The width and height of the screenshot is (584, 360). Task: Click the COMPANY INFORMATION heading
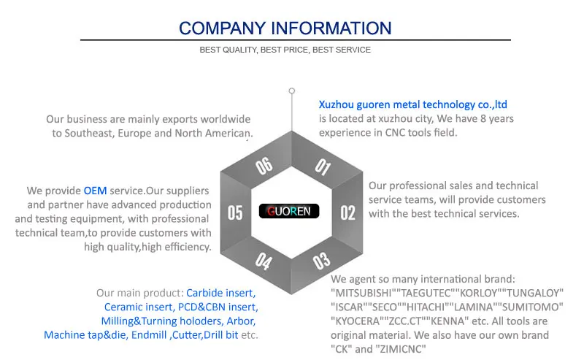tap(285, 28)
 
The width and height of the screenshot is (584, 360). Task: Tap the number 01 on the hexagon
tap(322, 167)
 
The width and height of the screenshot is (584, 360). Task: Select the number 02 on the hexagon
tap(348, 212)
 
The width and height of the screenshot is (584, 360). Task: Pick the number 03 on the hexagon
tap(321, 259)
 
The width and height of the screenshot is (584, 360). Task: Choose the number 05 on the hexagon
tap(235, 212)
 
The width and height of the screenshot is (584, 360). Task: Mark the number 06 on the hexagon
tap(264, 166)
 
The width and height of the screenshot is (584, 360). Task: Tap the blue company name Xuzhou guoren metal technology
tap(413, 104)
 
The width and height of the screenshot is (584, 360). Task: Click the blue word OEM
tap(95, 190)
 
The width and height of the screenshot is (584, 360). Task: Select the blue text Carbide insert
tap(220, 293)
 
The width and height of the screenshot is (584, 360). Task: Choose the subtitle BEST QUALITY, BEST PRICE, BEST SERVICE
tap(285, 50)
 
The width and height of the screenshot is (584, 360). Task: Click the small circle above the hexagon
tap(292, 91)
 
